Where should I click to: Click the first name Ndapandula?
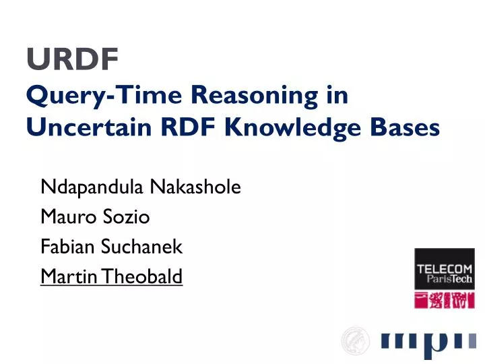pos(92,187)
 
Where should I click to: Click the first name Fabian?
pos(68,247)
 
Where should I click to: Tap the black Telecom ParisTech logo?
pos(444,269)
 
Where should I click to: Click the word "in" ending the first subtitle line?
pos(335,96)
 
